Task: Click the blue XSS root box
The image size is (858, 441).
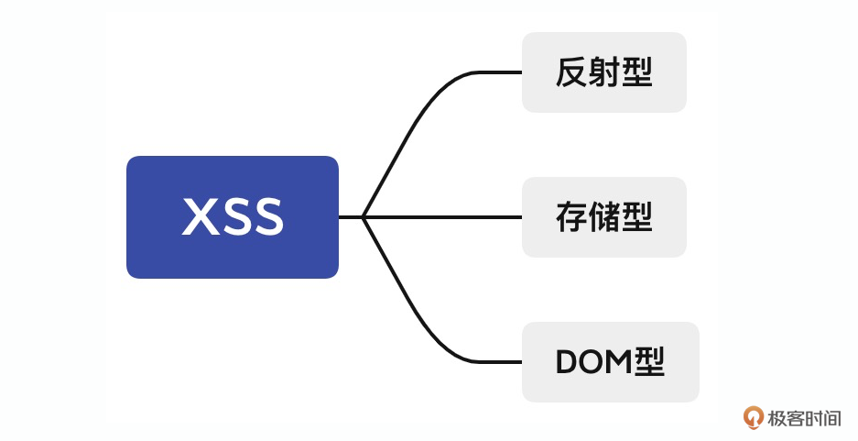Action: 233,217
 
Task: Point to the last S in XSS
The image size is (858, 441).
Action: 266,218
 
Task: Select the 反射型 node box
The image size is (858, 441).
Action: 603,72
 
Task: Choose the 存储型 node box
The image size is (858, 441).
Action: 603,217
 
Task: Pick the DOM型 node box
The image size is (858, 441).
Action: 610,362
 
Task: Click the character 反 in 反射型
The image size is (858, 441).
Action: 571,72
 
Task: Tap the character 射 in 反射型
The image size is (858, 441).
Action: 603,72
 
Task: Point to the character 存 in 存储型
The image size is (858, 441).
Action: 571,217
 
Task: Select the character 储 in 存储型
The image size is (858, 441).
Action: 603,217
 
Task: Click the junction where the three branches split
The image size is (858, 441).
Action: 364,217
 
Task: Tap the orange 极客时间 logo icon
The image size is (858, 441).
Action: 754,418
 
